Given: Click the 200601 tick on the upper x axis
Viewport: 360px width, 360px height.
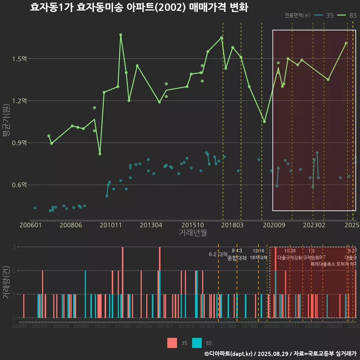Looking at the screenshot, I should tap(30, 225).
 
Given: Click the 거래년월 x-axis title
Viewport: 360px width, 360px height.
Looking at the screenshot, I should tap(193, 232).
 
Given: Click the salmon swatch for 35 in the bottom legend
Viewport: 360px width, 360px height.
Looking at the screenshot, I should tap(172, 343).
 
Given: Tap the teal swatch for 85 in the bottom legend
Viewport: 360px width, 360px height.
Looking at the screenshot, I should tap(196, 343).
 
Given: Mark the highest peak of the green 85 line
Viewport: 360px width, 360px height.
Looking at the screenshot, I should tap(121, 35).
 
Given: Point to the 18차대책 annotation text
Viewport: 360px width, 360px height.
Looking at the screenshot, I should tap(258, 258).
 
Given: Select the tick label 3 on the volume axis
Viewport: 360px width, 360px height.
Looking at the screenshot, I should tap(13, 247).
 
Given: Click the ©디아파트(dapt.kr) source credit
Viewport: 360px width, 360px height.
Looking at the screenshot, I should tap(229, 354).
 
